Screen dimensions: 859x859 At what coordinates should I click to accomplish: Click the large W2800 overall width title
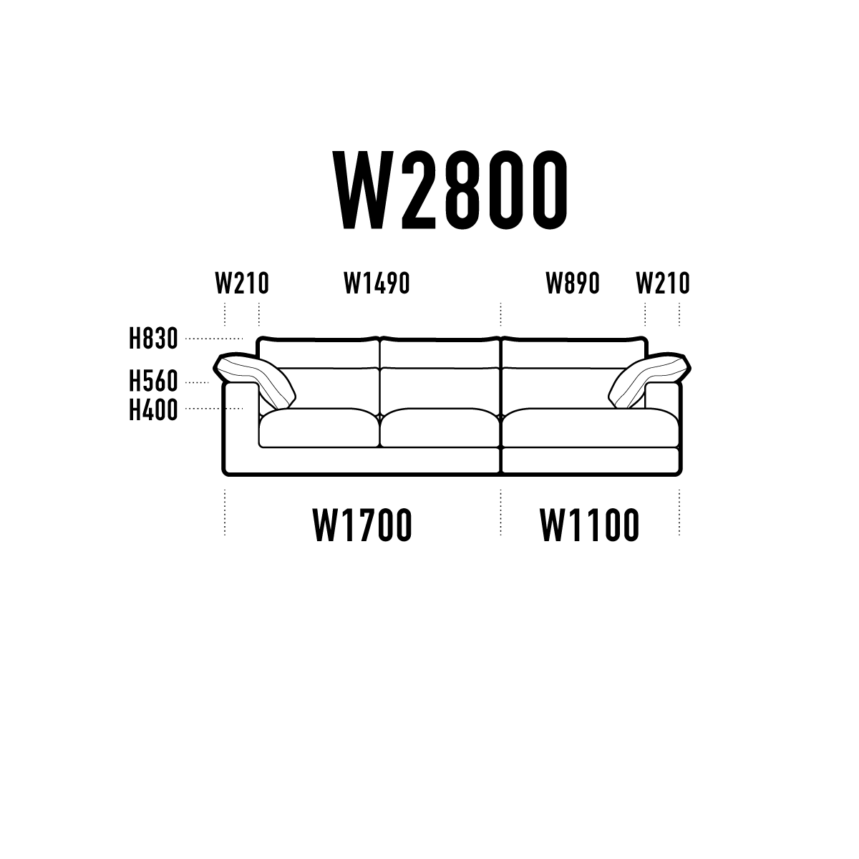[x=450, y=190]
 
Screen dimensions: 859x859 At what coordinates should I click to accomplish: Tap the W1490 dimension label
[x=377, y=283]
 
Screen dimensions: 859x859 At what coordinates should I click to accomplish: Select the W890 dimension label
[x=573, y=283]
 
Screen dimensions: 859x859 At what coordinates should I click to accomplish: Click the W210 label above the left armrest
[x=242, y=283]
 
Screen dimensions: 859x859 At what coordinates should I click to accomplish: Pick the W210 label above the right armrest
[x=663, y=283]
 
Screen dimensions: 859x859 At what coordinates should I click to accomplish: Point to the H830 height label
[x=153, y=339]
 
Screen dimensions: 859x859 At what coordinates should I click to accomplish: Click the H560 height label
[x=153, y=382]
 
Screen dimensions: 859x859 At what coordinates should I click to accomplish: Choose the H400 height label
[x=153, y=410]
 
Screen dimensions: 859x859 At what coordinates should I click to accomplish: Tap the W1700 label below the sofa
[x=362, y=526]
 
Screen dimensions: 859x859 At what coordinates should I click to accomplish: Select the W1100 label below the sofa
[x=590, y=526]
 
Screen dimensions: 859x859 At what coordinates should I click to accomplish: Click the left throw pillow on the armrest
[x=255, y=380]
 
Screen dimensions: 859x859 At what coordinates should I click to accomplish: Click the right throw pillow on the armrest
[x=650, y=380]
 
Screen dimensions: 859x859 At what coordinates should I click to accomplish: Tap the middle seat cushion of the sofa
[x=440, y=428]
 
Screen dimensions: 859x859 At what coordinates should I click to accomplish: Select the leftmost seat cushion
[x=319, y=428]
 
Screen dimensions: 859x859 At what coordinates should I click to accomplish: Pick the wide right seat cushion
[x=591, y=428]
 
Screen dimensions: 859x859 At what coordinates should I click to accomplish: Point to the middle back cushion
[x=440, y=387]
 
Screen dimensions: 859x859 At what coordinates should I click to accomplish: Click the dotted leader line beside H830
[x=214, y=339]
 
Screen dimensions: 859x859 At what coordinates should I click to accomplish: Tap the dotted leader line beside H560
[x=197, y=382]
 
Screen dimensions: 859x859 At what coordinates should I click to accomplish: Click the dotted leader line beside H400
[x=214, y=408]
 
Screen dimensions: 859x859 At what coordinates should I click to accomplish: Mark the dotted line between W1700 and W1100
[x=500, y=513]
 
